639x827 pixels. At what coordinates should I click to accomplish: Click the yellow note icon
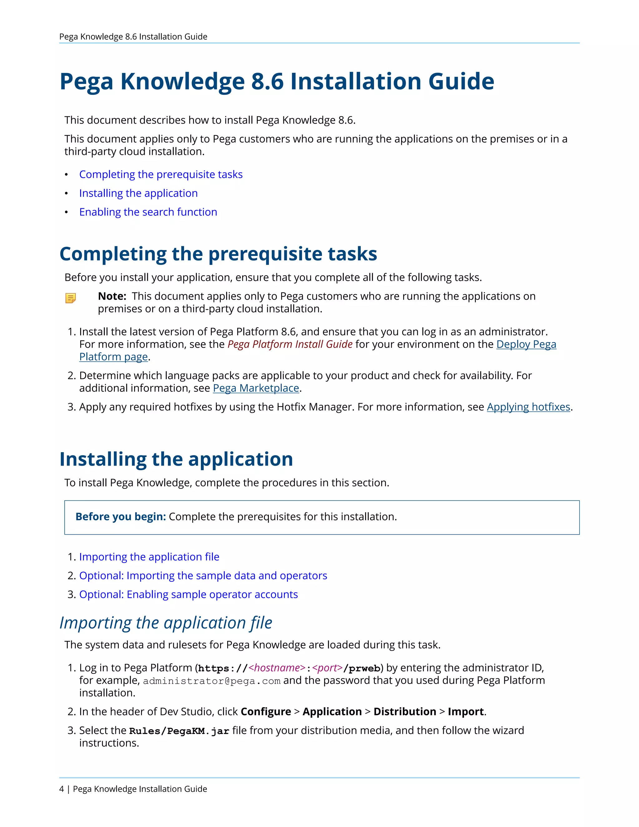coord(71,298)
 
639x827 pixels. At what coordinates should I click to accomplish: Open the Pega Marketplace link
coord(256,388)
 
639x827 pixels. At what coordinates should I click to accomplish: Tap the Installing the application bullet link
coord(138,193)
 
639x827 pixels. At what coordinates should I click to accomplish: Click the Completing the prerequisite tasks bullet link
coord(161,174)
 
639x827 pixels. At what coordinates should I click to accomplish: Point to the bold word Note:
coord(112,296)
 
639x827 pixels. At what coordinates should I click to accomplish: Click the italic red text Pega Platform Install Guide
coord(290,344)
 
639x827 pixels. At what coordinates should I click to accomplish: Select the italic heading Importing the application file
coord(166,623)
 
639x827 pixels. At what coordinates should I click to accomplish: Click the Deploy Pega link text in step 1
coord(526,344)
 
